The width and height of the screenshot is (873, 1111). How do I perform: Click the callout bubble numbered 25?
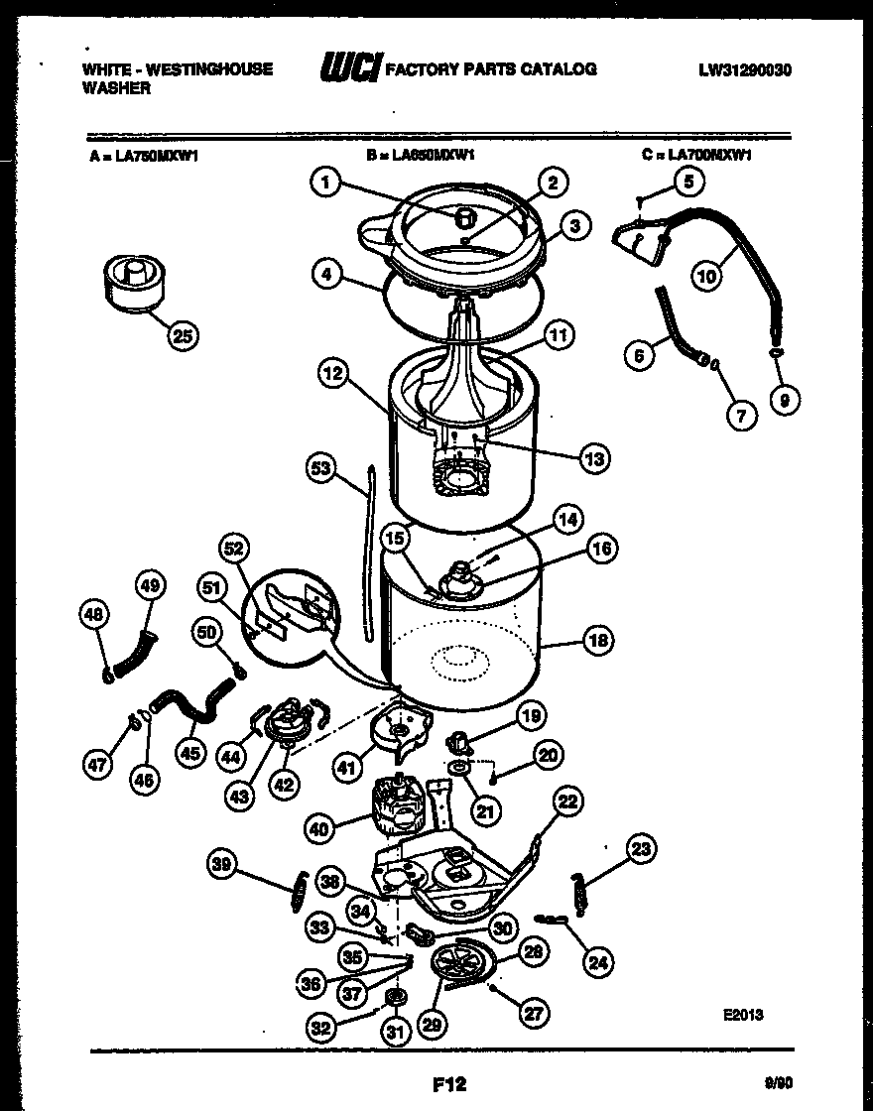click(182, 335)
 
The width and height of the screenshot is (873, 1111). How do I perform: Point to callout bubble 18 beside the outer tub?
click(598, 640)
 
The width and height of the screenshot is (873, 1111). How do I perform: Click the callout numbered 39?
click(223, 865)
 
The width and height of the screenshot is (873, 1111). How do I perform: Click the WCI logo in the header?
click(348, 68)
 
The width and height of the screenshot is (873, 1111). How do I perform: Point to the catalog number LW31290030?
click(745, 69)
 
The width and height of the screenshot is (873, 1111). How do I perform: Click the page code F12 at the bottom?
click(448, 1084)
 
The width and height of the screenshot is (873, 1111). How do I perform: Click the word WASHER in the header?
click(116, 87)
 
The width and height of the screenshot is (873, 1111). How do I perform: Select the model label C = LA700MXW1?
click(696, 155)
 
